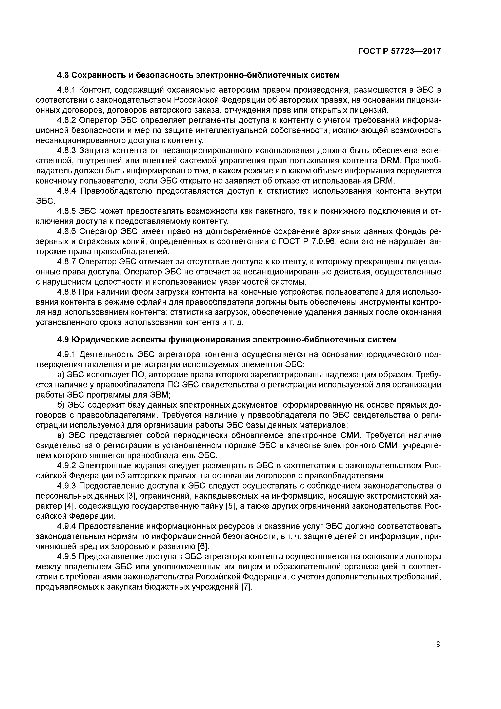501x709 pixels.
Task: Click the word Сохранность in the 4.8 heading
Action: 98,75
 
